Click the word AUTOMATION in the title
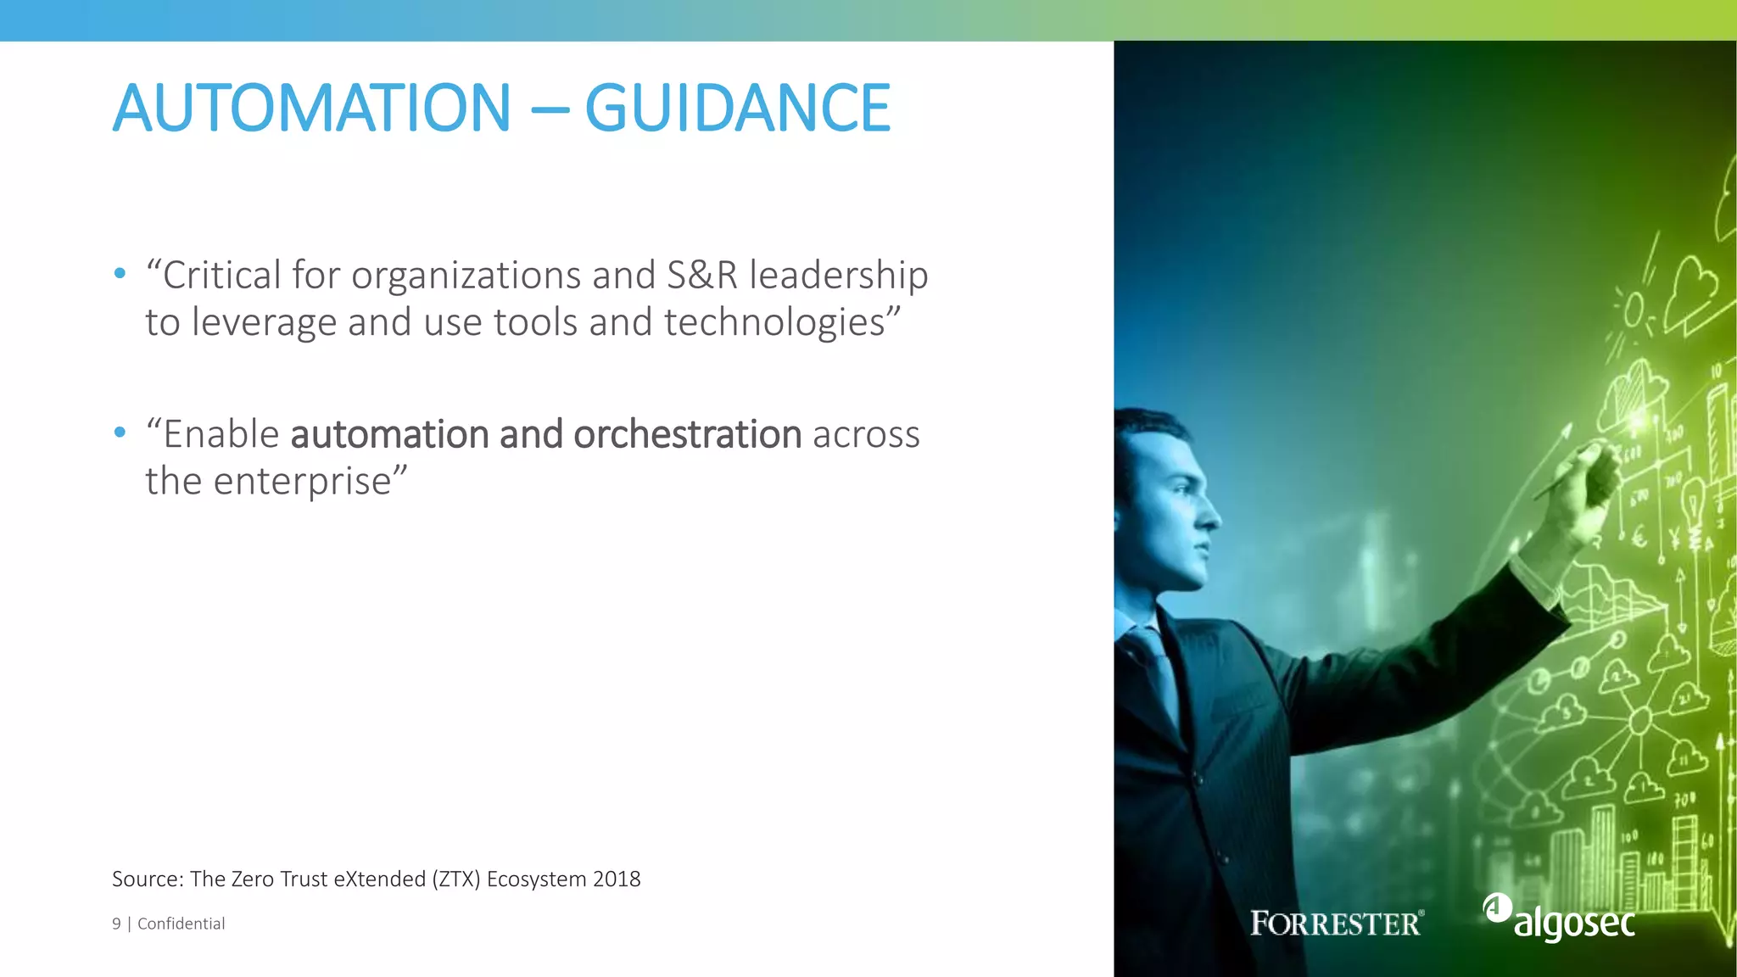311,108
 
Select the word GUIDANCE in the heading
737,108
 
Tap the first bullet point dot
120,273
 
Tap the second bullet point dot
120,433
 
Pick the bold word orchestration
687,434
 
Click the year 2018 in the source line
617,879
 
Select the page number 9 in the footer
116,924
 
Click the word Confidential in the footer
181,924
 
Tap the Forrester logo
1337,923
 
